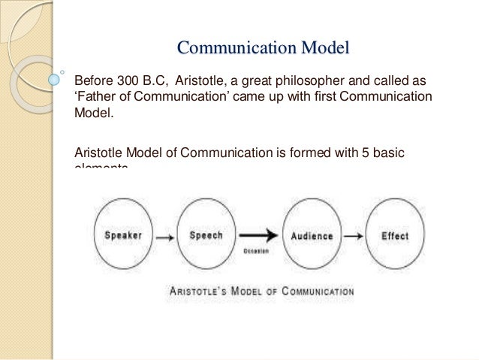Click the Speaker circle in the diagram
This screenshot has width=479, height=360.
click(x=122, y=235)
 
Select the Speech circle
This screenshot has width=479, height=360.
click(x=206, y=235)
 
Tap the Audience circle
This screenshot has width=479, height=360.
click(x=311, y=235)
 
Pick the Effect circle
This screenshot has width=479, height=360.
click(x=395, y=235)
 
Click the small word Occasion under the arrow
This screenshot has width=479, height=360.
click(x=257, y=251)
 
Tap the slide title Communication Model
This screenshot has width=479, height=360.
click(x=264, y=50)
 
